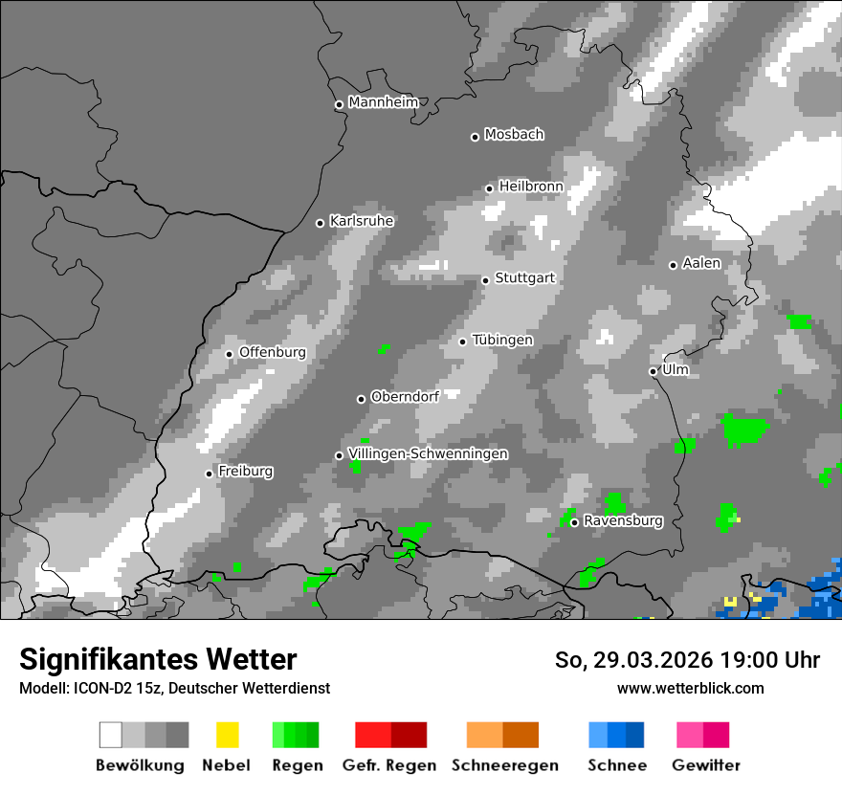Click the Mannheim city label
(x=384, y=102)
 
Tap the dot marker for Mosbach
(x=475, y=137)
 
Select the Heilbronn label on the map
(x=531, y=186)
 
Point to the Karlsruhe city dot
(x=321, y=223)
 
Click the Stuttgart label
(x=524, y=277)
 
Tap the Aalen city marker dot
(x=673, y=265)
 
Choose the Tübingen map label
(x=502, y=340)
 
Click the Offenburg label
(x=272, y=352)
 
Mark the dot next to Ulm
(x=653, y=371)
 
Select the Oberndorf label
(x=405, y=396)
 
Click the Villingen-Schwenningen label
(x=428, y=453)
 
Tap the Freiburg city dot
(x=209, y=474)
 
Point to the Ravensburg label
(x=623, y=520)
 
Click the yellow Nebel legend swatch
(x=228, y=735)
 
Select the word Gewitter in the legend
(x=706, y=765)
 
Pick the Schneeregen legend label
(x=503, y=765)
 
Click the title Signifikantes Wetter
(x=158, y=659)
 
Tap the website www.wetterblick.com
(x=691, y=688)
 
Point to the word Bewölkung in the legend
(x=140, y=765)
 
